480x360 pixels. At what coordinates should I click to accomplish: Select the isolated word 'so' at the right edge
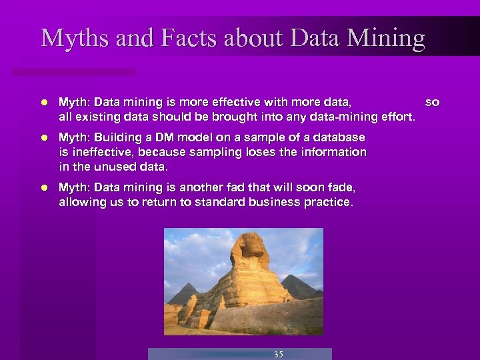tap(432, 103)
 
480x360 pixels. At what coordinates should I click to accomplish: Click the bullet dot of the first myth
tap(43, 103)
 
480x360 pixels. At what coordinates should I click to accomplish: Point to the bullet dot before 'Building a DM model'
tap(43, 138)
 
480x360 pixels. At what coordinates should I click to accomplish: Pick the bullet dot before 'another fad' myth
tap(43, 188)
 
